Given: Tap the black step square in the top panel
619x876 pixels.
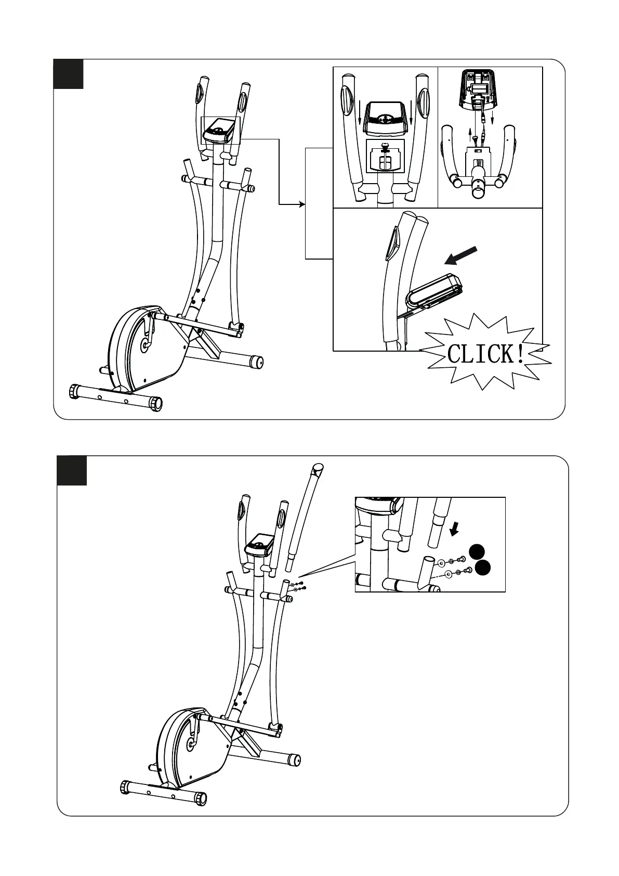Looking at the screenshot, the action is [x=69, y=74].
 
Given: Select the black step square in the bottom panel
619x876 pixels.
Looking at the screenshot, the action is [x=72, y=471].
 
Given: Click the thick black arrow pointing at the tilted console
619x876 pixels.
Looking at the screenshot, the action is [x=462, y=256].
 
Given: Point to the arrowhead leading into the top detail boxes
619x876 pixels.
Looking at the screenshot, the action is [x=302, y=204].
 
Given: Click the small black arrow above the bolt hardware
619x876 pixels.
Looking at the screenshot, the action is [x=455, y=529].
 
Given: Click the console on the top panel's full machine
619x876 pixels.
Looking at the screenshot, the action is [x=219, y=130].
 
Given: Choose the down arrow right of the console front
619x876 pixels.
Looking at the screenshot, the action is [x=411, y=119].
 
